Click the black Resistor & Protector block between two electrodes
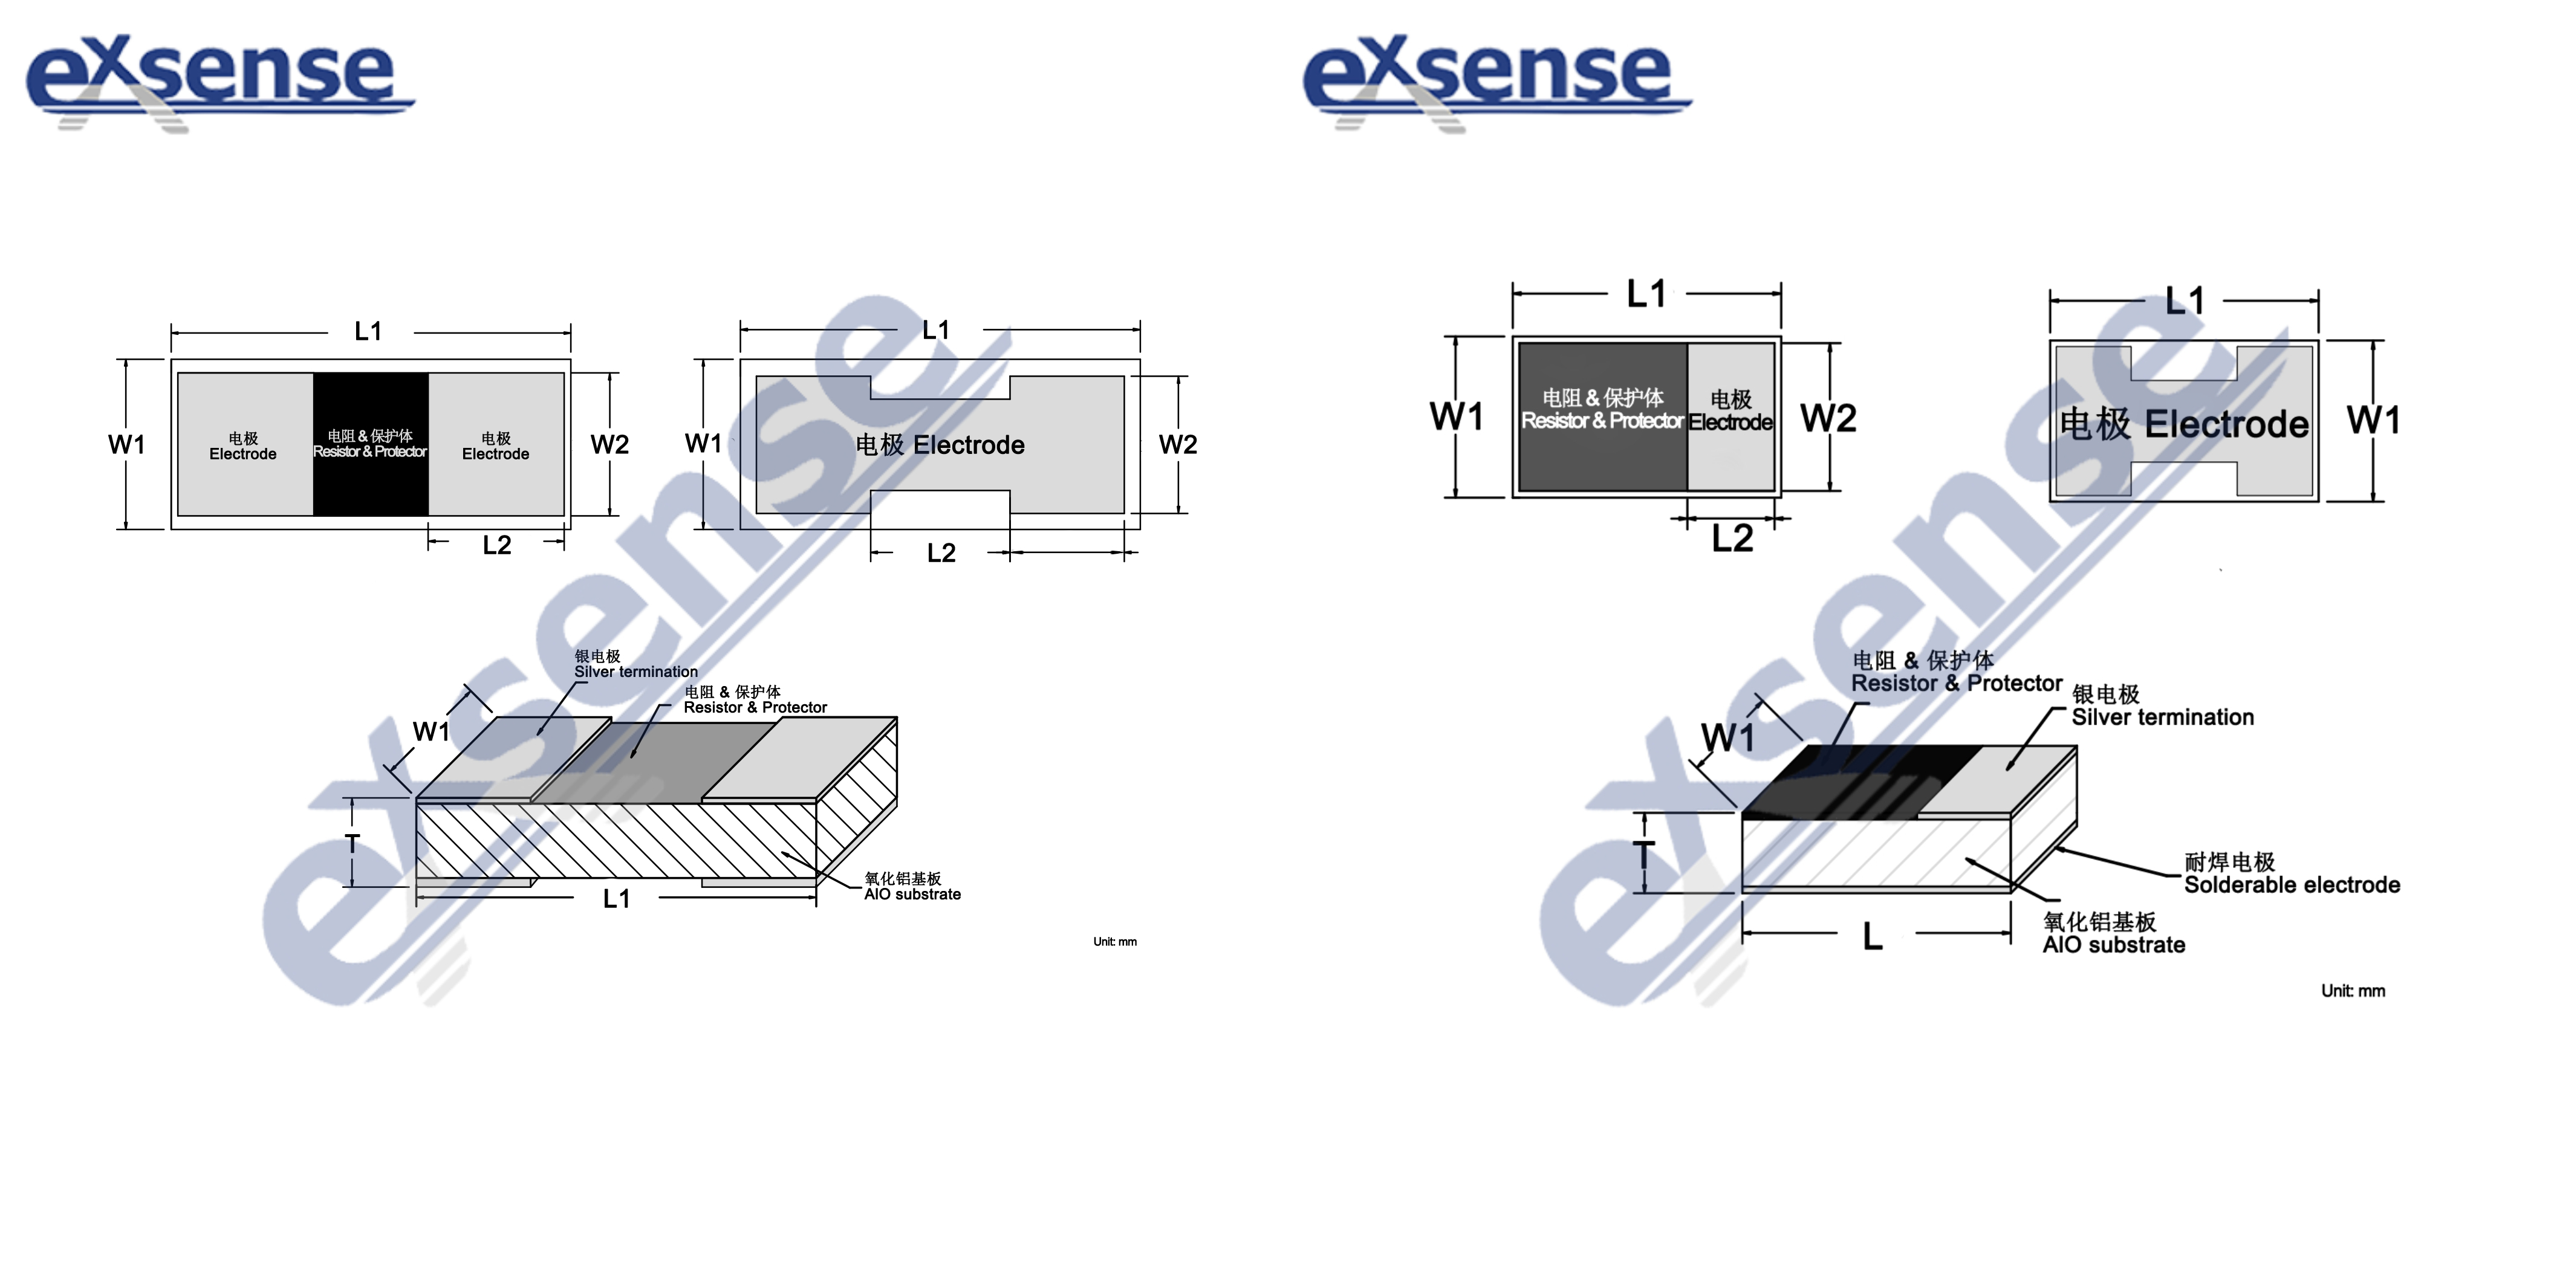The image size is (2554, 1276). tap(371, 444)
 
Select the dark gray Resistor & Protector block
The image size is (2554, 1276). tap(1603, 416)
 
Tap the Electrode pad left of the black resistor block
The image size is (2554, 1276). tap(244, 444)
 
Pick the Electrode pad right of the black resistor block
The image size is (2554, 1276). tap(496, 444)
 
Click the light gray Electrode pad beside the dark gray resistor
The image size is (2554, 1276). tap(1731, 416)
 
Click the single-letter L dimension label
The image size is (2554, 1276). tap(1872, 936)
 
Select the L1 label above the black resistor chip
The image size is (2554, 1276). tap(368, 331)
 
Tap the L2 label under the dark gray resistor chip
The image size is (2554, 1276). tap(1732, 539)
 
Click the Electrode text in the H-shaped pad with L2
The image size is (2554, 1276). tap(969, 445)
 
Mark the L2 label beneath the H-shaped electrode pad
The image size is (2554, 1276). tap(941, 552)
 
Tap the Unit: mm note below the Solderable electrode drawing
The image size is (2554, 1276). tap(2353, 991)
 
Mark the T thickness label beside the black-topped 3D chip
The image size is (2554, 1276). tap(1644, 855)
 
